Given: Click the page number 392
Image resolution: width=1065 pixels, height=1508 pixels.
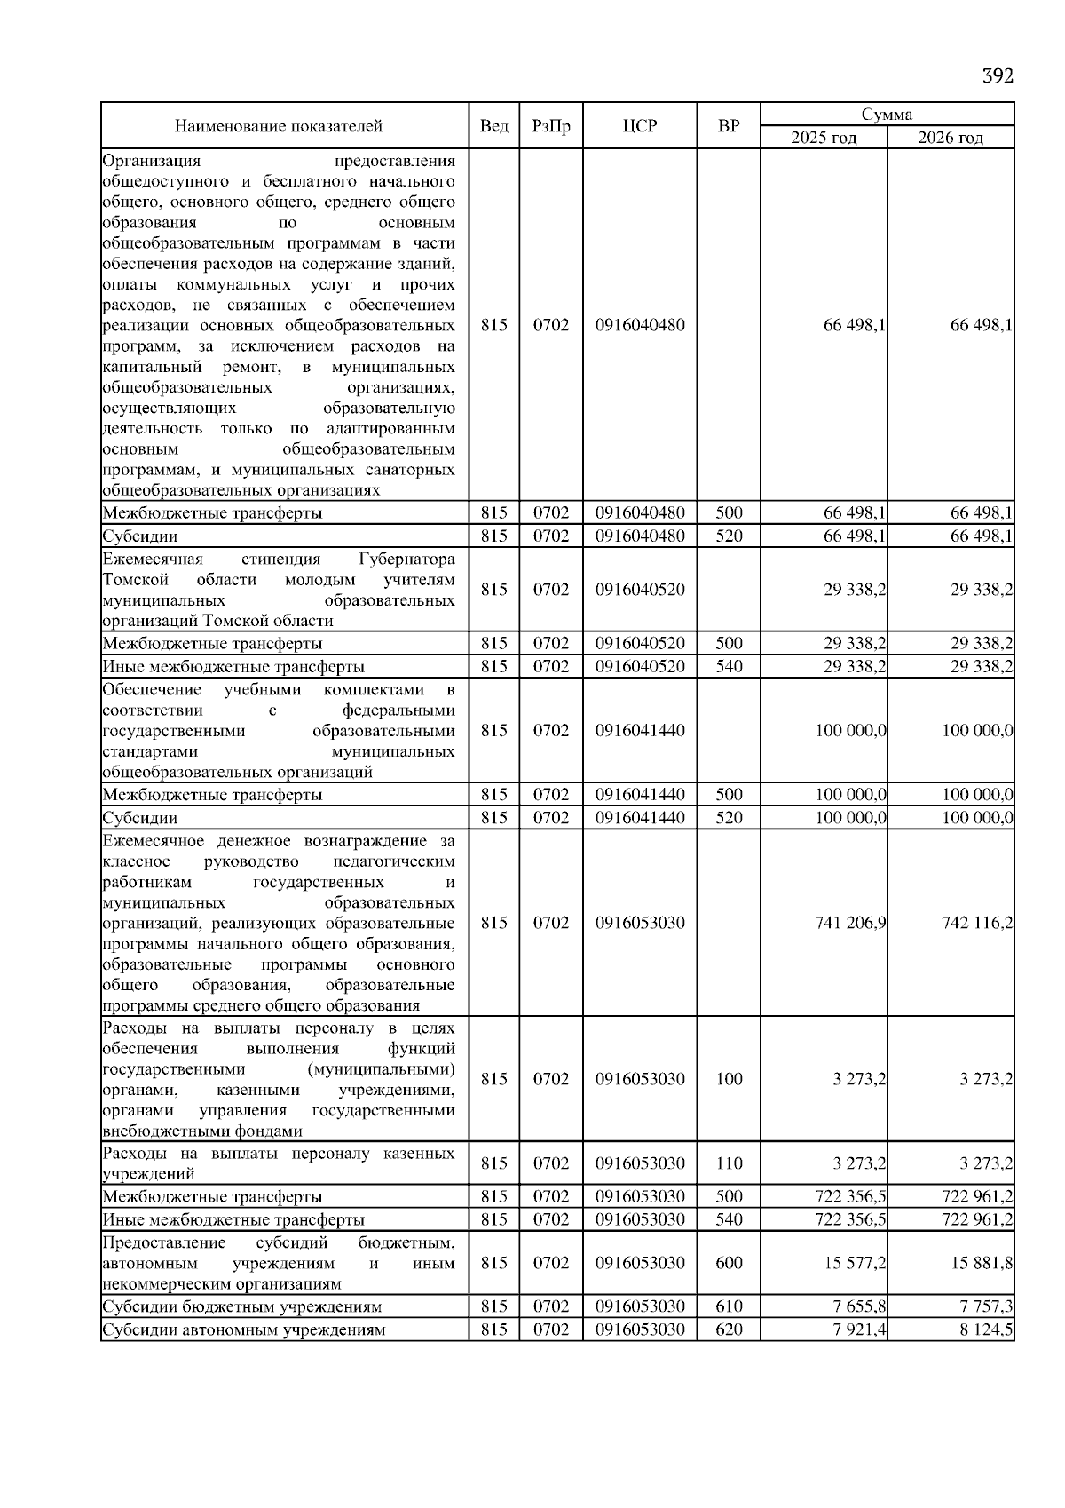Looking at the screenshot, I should pos(997,76).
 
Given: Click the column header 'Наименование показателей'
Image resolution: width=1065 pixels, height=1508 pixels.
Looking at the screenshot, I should pos(278,126).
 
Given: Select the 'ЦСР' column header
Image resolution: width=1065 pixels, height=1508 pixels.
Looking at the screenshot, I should pos(640,126).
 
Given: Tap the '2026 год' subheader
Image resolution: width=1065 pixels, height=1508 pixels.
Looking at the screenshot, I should pos(950,138).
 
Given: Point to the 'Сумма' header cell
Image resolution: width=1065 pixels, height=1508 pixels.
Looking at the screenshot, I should pos(887,115).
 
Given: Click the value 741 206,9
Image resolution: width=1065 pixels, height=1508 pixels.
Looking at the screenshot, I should pos(850,923).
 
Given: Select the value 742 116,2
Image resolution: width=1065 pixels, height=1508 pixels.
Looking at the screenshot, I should pos(976,923).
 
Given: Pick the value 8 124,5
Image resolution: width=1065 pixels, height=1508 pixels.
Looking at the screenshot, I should pos(986,1329).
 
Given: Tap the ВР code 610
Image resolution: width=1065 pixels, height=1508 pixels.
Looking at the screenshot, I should pos(729,1306).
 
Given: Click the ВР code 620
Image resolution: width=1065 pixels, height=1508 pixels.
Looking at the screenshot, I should pos(729,1329).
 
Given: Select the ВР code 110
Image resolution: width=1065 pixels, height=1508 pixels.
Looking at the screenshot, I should pos(729,1163).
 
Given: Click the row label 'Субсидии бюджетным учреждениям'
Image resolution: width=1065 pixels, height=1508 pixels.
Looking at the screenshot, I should pos(242,1306).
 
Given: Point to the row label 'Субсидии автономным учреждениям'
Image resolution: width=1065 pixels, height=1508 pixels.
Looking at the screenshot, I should pos(244,1329).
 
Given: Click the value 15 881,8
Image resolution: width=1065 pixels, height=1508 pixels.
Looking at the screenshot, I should pos(981,1263).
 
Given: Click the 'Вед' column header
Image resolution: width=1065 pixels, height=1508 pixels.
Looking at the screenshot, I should pos(493,126).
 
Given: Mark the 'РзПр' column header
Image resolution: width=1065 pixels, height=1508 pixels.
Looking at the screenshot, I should pos(551,126).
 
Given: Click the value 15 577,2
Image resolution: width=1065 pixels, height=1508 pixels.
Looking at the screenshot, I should pos(855,1263).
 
